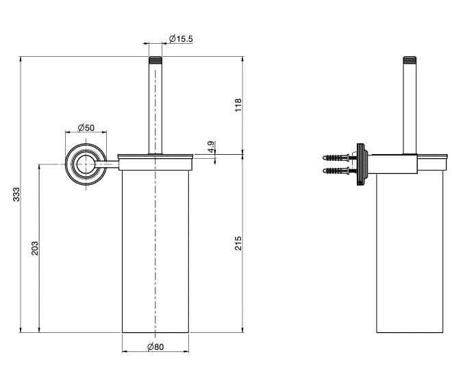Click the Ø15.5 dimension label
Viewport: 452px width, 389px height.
[181, 38]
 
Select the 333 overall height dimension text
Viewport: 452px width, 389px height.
[16, 194]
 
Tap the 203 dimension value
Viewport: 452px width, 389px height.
[35, 249]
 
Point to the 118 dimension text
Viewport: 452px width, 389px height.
[238, 105]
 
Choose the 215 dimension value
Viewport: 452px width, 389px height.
[238, 243]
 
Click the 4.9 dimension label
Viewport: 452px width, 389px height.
[211, 147]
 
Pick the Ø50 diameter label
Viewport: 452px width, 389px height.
[86, 127]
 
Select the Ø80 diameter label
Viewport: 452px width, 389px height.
[155, 347]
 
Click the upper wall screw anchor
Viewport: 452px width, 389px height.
[336, 158]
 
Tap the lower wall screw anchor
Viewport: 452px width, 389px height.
[336, 171]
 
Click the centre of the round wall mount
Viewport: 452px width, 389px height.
[86, 164]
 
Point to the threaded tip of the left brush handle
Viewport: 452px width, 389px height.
[155, 60]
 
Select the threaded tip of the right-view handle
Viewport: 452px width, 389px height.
[410, 60]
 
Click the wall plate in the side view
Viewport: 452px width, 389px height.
[362, 164]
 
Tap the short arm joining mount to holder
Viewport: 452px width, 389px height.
[107, 164]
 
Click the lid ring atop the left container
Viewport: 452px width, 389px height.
[155, 157]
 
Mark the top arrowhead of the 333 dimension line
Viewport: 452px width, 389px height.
[21, 59]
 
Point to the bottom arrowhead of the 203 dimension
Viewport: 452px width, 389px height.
[39, 329]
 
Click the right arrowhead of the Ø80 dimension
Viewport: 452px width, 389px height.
[186, 351]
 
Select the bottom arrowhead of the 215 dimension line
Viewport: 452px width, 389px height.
[242, 329]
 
